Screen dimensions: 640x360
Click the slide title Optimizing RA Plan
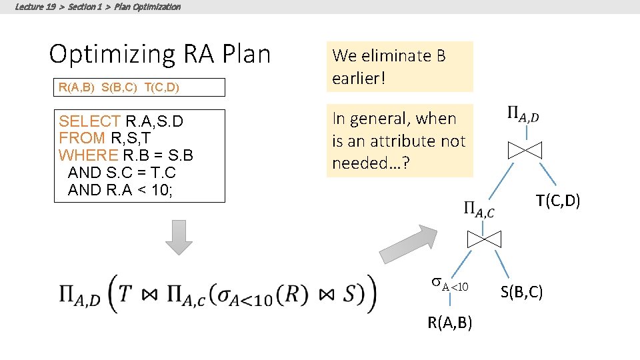pyautogui.click(x=160, y=54)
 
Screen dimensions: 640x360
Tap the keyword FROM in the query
pyautogui.click(x=82, y=138)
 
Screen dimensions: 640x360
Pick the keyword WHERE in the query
pyautogui.click(x=89, y=155)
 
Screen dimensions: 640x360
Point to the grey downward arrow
pyautogui.click(x=179, y=237)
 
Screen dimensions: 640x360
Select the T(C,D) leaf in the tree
pyautogui.click(x=559, y=201)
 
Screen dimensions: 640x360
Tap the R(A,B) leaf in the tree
pyautogui.click(x=451, y=323)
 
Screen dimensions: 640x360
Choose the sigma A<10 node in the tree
pyautogui.click(x=450, y=285)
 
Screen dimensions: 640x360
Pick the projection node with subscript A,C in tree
pyautogui.click(x=479, y=210)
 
